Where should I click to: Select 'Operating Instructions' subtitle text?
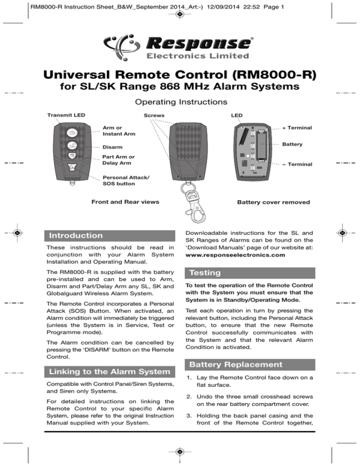[180, 101]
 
